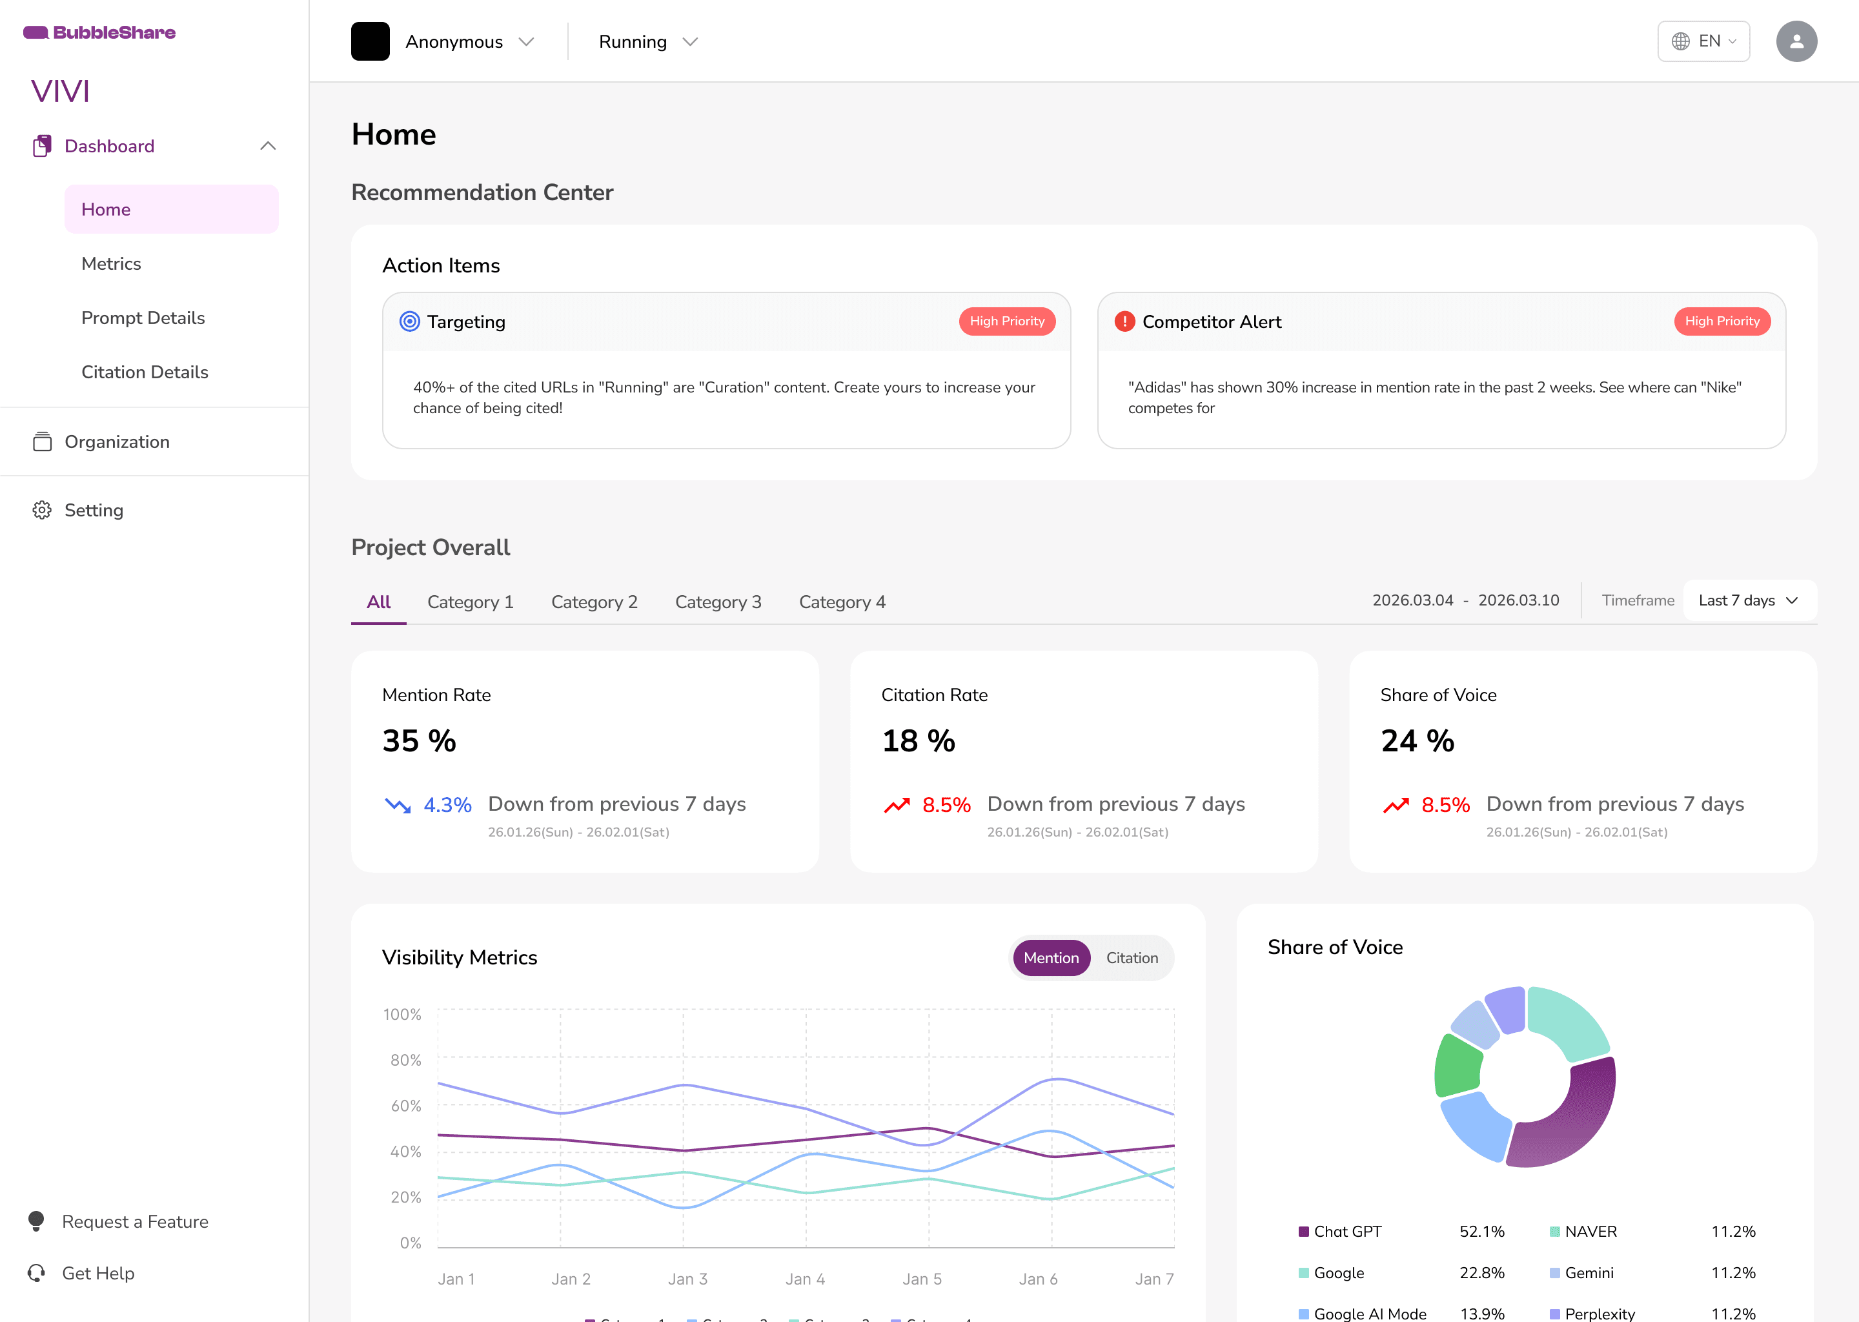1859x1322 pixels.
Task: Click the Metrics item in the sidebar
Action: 112,264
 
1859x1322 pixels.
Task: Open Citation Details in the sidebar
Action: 145,372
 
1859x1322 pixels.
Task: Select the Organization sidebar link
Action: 117,442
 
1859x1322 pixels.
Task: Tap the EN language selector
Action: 1703,41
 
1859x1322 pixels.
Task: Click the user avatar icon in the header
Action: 1796,41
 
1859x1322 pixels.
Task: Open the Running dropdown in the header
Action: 648,41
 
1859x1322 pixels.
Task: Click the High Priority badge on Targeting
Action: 1007,321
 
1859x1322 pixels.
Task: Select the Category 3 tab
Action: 718,602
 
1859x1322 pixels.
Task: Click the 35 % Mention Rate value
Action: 419,741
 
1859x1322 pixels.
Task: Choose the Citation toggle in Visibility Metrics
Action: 1132,958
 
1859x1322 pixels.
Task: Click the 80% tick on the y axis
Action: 405,1060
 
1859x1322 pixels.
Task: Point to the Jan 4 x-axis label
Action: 805,1279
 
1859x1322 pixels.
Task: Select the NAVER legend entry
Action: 1590,1232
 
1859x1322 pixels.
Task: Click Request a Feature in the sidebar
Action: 135,1222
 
